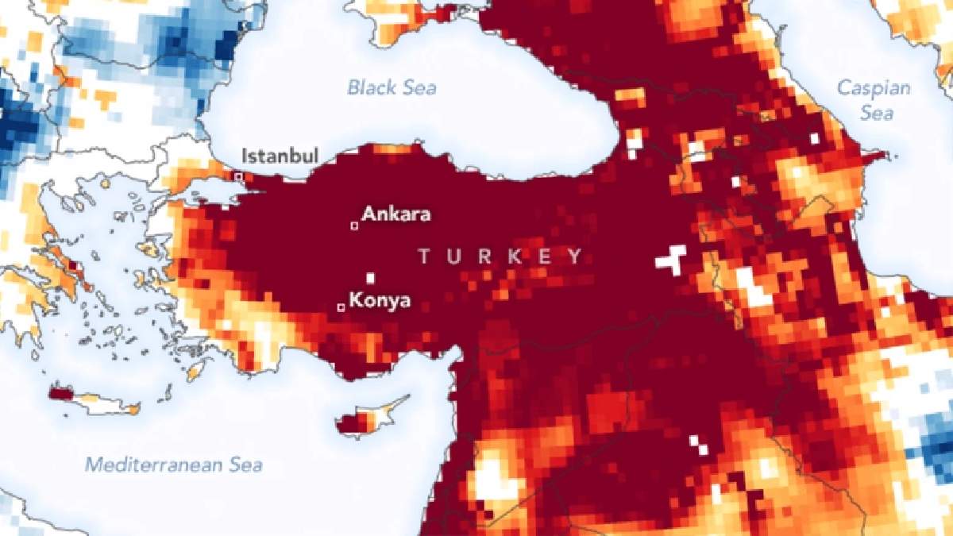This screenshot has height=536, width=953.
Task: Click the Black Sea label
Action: [x=392, y=87]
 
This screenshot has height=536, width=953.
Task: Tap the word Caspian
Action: [x=874, y=88]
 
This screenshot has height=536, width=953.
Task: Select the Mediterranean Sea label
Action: [x=174, y=465]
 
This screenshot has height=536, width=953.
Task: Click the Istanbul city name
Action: [x=280, y=154]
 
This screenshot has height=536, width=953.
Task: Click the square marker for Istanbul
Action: [x=237, y=175]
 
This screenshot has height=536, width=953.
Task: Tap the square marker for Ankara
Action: [x=354, y=226]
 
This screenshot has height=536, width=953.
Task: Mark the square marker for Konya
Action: [x=341, y=307]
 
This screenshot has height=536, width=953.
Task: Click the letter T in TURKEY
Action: [x=424, y=256]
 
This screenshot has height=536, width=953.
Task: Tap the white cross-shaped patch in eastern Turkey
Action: [x=672, y=260]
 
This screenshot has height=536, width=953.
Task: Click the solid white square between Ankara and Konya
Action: [x=370, y=278]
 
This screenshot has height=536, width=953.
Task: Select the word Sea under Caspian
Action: [x=878, y=114]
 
